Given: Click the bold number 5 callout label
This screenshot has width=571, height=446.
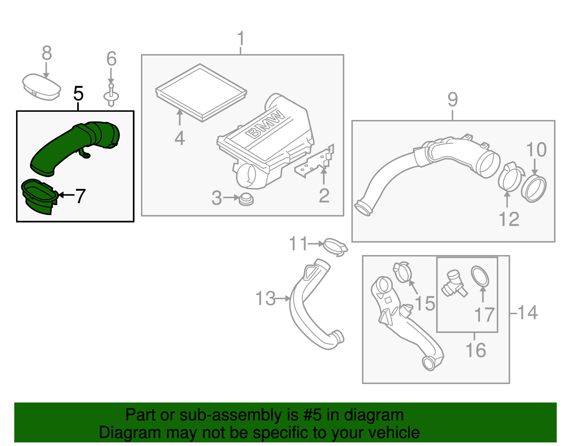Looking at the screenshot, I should (x=78, y=94).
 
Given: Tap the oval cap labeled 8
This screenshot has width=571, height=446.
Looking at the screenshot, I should (x=41, y=87).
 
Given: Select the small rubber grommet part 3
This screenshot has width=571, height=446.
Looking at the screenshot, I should (x=246, y=199).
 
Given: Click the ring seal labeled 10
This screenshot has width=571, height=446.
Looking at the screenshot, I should (x=534, y=189).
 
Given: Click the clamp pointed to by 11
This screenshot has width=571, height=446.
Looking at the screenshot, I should (x=335, y=247).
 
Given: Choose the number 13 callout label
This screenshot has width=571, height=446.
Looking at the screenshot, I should (x=266, y=299).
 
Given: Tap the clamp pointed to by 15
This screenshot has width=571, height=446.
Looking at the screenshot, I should (x=403, y=272).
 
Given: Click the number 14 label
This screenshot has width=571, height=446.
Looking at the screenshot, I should (x=527, y=313).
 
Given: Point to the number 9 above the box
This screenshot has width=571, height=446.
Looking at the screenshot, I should (x=452, y=99).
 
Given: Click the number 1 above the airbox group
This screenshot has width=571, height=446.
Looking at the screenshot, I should (x=241, y=38).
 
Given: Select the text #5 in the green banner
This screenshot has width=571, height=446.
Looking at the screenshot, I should (x=312, y=415).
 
